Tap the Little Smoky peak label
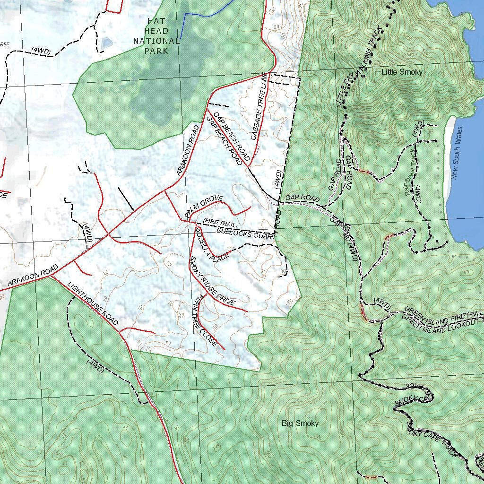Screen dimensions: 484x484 coord(402,72)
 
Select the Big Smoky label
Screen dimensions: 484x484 coord(300,423)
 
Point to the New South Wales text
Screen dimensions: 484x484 coord(457,153)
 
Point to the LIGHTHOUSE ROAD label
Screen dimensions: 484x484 coord(93,303)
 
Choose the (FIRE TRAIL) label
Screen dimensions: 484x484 coord(220,223)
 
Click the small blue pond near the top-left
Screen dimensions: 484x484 coord(107,42)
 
